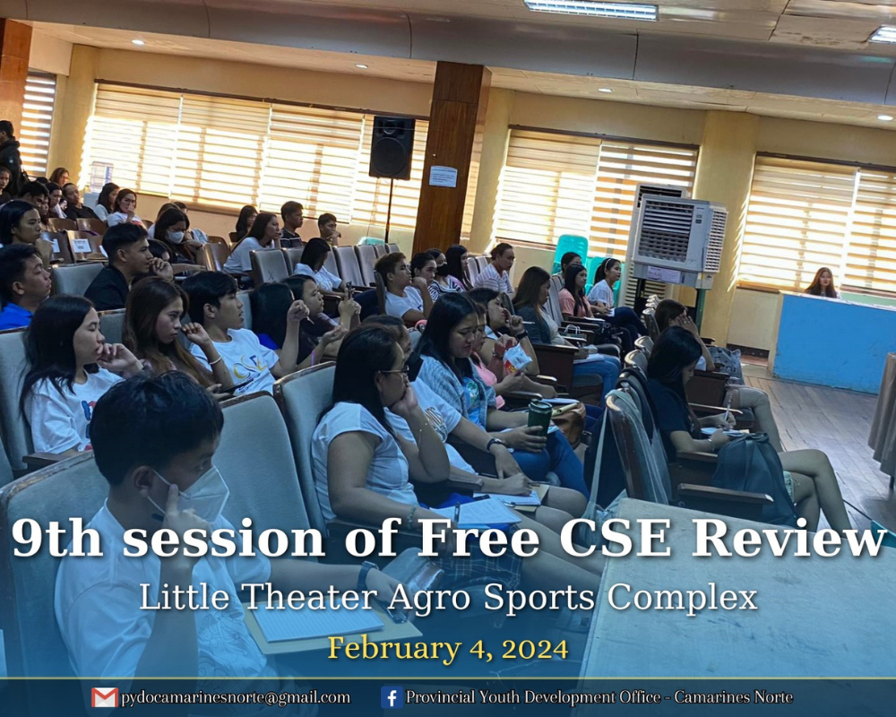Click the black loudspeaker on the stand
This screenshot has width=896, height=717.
[392, 148]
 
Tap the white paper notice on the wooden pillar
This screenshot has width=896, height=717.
[443, 176]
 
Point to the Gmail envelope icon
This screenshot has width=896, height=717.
[105, 697]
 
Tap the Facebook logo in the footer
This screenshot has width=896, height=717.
[392, 697]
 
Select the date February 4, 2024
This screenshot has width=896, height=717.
[448, 648]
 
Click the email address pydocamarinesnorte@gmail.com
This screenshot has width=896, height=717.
[235, 698]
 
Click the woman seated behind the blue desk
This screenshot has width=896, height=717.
[823, 282]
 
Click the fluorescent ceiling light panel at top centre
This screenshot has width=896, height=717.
[590, 10]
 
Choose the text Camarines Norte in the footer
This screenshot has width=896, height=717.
[733, 697]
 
